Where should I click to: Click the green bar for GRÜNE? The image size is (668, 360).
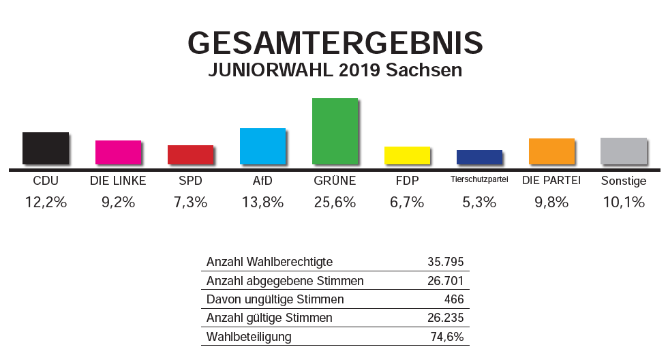click(x=335, y=131)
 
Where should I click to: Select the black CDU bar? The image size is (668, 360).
click(x=46, y=148)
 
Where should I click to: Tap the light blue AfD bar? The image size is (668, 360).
click(x=262, y=146)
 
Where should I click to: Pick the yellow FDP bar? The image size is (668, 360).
click(x=407, y=155)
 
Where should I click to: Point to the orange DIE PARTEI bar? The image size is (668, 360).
click(x=551, y=151)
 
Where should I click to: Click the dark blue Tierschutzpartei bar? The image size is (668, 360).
click(x=479, y=157)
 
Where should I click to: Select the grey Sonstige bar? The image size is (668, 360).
click(x=623, y=151)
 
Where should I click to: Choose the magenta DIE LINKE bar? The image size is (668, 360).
click(x=118, y=152)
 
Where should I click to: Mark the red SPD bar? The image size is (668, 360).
click(x=190, y=154)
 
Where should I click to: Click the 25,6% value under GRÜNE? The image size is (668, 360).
click(x=335, y=202)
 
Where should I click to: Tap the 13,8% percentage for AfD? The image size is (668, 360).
click(x=262, y=202)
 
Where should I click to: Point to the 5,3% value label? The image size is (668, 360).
click(x=479, y=202)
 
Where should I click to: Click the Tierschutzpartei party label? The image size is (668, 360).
click(x=479, y=181)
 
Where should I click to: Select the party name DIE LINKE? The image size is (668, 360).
click(x=118, y=181)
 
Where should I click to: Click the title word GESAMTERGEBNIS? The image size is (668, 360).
click(x=335, y=43)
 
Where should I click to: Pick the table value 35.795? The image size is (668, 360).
click(x=444, y=262)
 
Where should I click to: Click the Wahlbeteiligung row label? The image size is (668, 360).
click(x=249, y=337)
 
